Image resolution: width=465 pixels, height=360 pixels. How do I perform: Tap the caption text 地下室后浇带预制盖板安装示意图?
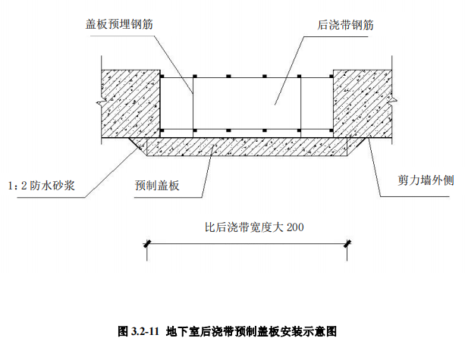250,331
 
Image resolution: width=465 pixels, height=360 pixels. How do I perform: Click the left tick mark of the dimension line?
149,243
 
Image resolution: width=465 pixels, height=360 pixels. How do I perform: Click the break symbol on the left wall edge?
95,102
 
